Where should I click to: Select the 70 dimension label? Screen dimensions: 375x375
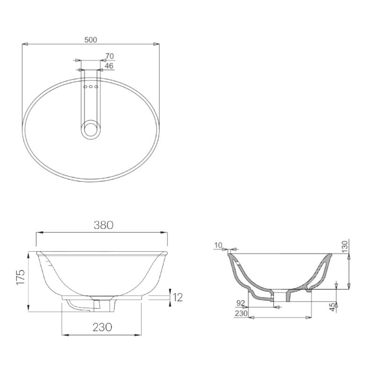[109, 56]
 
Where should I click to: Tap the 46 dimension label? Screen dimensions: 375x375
[109, 66]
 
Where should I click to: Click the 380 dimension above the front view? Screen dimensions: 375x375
[103, 225]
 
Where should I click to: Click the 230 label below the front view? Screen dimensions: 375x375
[102, 327]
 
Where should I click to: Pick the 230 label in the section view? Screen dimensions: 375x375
[241, 313]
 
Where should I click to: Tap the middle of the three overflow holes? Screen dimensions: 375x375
[90, 87]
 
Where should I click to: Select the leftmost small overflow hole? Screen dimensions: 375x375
[85, 87]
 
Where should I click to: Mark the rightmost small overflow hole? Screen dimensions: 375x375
[96, 87]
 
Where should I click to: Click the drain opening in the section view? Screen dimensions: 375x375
[280, 296]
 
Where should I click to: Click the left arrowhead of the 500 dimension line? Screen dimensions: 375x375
[25, 45]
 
